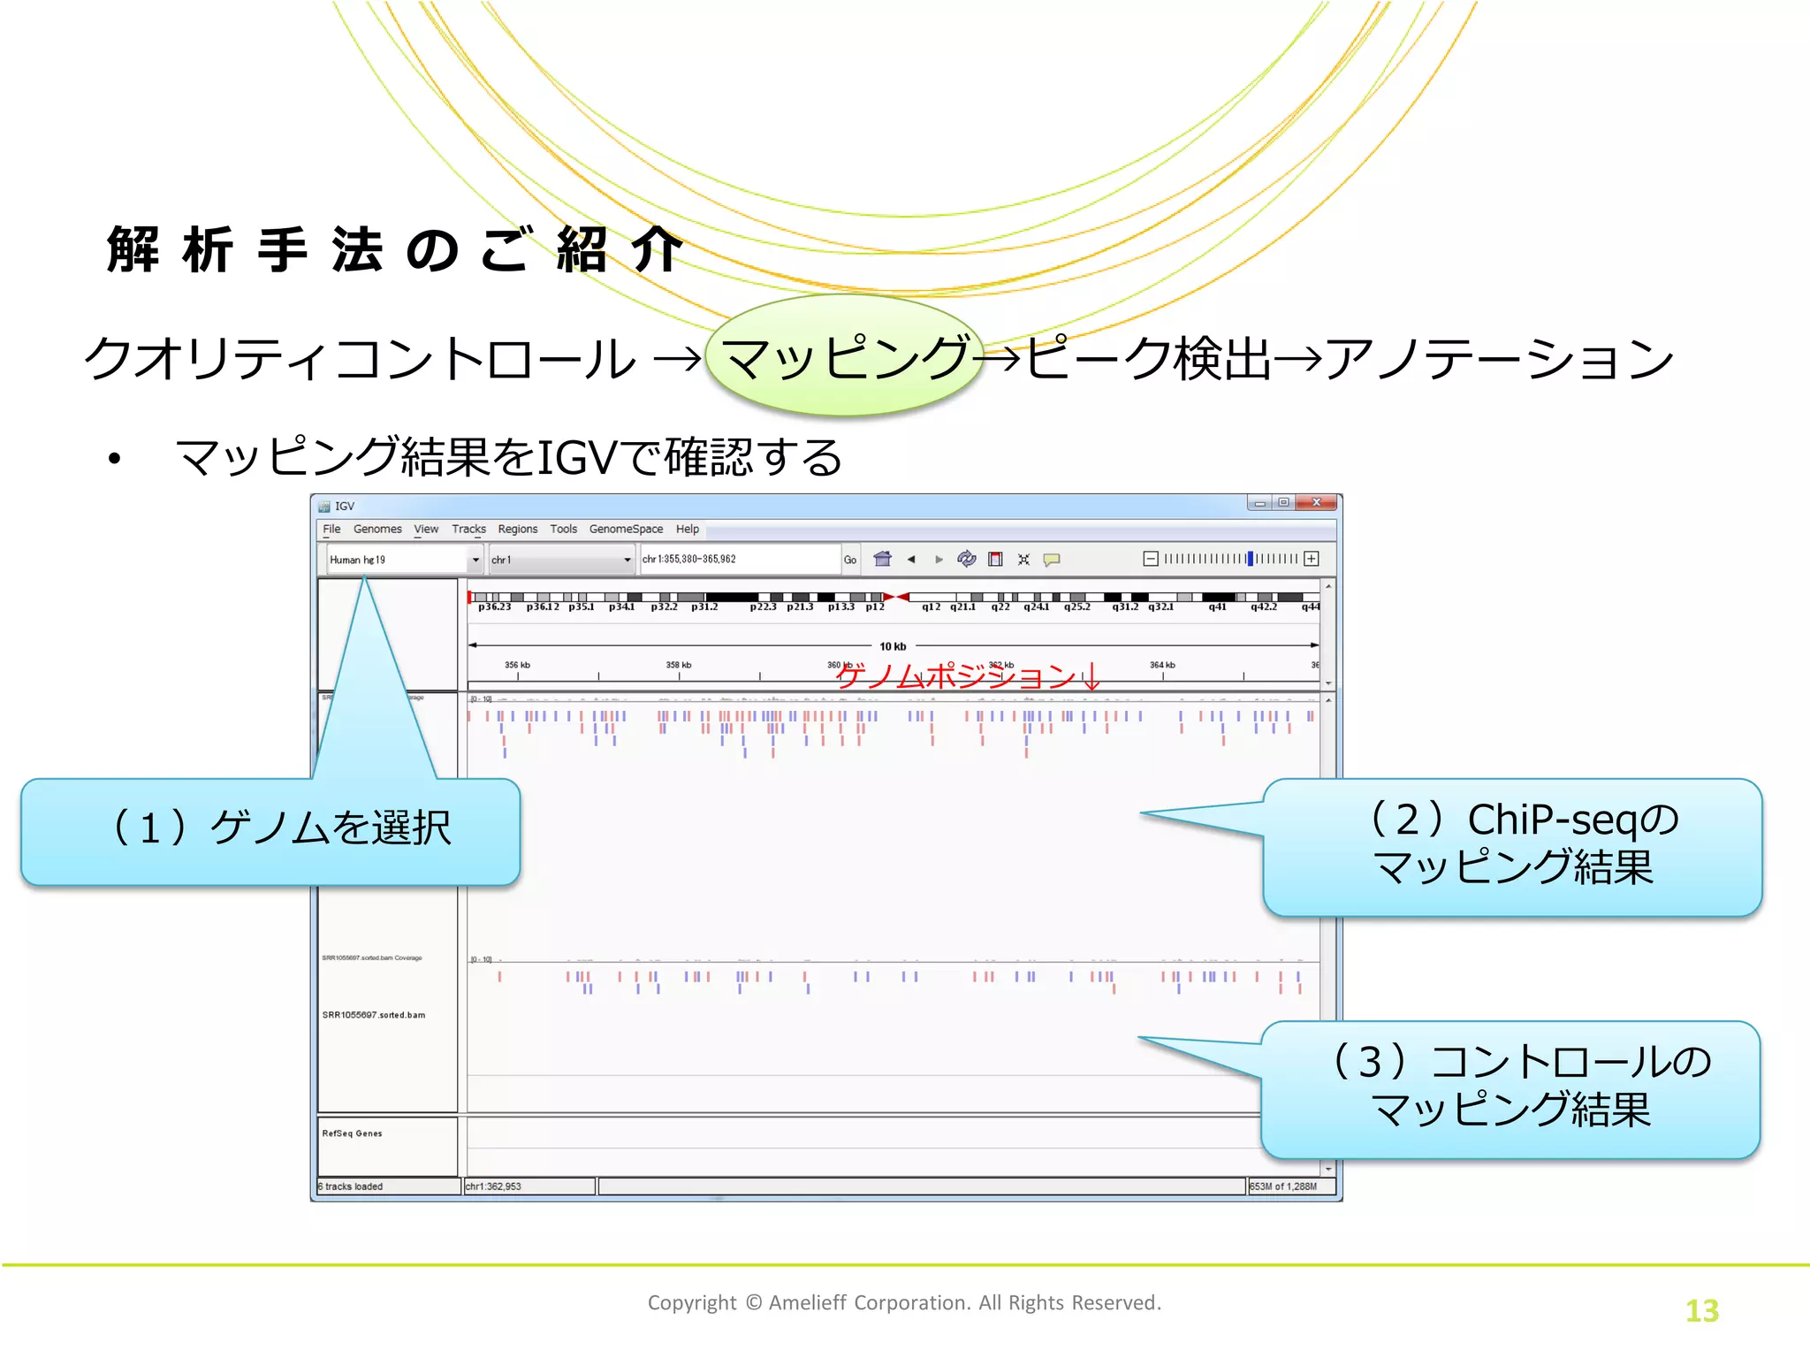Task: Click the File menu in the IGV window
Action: coord(331,529)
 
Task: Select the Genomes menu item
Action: coord(377,529)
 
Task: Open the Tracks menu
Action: coord(468,529)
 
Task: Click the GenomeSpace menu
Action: coord(626,529)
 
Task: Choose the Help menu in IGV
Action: coord(688,529)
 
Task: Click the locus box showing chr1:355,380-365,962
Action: coord(739,559)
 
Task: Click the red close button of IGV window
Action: coord(1317,503)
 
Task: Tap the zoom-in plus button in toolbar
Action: coord(1312,559)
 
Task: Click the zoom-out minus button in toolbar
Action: coord(1151,559)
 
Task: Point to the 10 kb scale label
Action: coord(893,646)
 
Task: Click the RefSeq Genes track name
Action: coord(353,1133)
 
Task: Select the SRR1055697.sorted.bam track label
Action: coord(374,1015)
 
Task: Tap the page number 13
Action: coord(1701,1310)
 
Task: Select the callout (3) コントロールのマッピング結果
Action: coord(1510,1088)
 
